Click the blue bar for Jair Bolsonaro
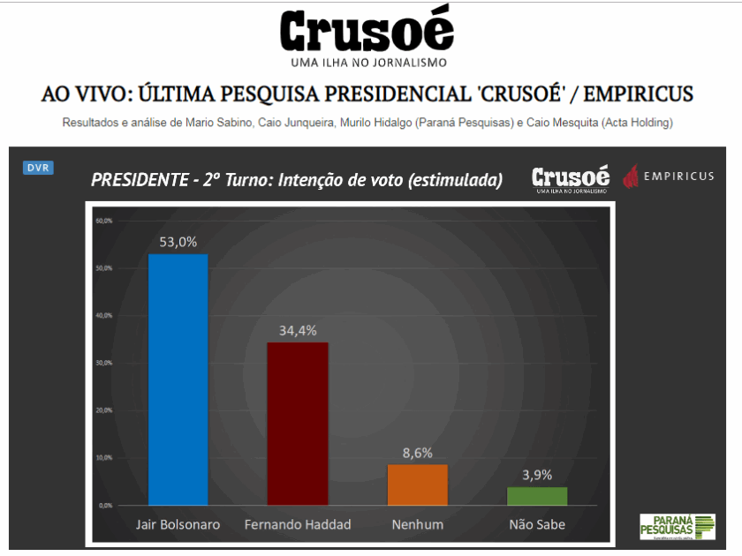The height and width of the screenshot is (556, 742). click(x=178, y=379)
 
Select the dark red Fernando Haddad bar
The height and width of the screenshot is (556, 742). click(x=298, y=424)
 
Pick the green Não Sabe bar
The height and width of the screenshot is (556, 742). click(x=537, y=496)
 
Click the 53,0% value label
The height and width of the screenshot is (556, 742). click(x=178, y=242)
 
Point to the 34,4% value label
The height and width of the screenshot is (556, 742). click(x=298, y=330)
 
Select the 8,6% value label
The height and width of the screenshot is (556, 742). click(x=417, y=453)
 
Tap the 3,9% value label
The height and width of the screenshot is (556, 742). click(x=537, y=475)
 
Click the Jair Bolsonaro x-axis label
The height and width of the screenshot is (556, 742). click(x=178, y=524)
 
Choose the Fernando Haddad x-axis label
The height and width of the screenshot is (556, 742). click(x=298, y=524)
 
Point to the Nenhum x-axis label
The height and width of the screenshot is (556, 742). click(x=417, y=524)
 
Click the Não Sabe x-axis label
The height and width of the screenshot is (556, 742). click(x=537, y=524)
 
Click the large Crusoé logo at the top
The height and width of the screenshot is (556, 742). click(x=367, y=32)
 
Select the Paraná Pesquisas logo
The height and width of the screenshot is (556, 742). click(x=678, y=527)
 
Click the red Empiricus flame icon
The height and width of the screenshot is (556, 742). click(x=631, y=177)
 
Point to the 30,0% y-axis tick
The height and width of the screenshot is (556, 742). click(x=103, y=363)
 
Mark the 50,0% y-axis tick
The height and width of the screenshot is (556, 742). click(x=103, y=267)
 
